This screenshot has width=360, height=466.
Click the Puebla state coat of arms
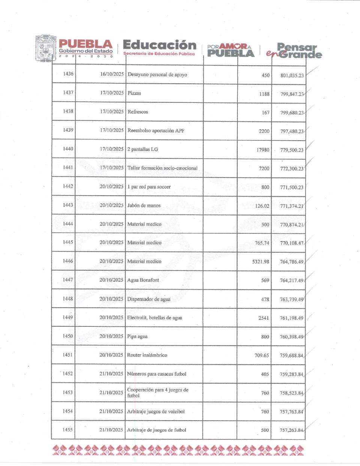[45, 48]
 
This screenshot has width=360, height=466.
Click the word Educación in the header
[159, 45]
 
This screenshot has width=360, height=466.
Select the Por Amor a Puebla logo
[230, 50]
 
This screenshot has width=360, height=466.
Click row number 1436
[68, 74]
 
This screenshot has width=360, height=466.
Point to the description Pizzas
[134, 93]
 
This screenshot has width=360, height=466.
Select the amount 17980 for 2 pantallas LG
[263, 150]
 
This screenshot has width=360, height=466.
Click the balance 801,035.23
[292, 75]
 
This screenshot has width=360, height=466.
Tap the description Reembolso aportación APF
[156, 131]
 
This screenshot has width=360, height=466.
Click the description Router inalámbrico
[147, 355]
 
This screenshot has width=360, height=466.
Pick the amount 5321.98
[261, 262]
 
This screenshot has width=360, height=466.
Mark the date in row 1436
[112, 74]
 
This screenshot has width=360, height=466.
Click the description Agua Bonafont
[143, 280]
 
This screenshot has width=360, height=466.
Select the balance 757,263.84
[291, 430]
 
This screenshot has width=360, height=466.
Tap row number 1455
[67, 430]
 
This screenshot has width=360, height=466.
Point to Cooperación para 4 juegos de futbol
[157, 392]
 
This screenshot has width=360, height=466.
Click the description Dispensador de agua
[148, 299]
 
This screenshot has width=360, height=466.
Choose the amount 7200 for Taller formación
[264, 168]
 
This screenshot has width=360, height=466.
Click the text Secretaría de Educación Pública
[159, 54]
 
